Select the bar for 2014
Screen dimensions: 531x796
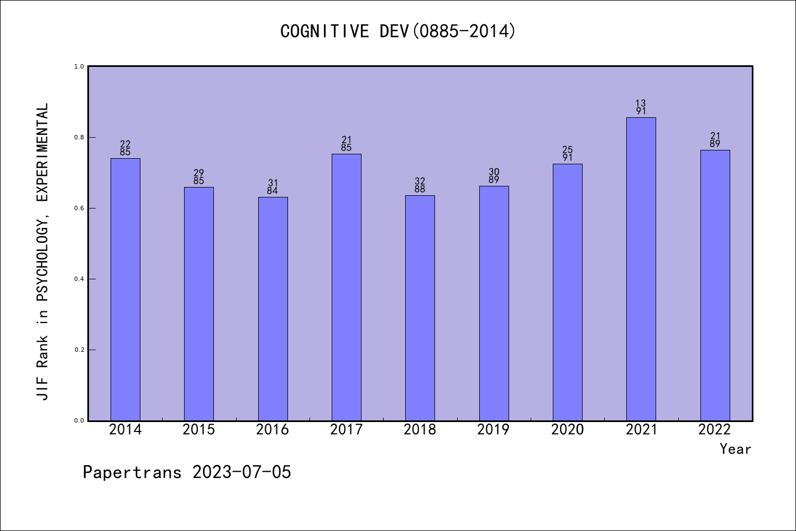pos(125,289)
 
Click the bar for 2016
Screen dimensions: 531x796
pos(273,309)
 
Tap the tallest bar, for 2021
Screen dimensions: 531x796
pos(641,269)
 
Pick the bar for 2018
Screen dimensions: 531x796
pos(420,308)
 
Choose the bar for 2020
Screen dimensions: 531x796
pos(567,292)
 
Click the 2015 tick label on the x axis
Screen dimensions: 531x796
pos(199,430)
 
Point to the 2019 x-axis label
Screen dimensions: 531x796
pos(494,430)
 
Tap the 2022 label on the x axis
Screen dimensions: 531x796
pos(715,430)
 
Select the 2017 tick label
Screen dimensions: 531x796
pos(346,430)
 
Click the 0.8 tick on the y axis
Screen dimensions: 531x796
pos(79,137)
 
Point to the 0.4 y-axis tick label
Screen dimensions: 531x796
pos(79,279)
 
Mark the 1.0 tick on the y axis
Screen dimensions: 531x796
pos(79,66)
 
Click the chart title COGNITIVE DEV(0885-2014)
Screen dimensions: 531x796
pos(398,32)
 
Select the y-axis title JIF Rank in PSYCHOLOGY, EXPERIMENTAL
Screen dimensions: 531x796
pos(43,252)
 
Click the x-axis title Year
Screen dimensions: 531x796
pos(735,449)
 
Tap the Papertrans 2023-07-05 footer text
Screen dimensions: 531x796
pos(187,472)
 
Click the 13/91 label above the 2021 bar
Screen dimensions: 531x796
pos(641,107)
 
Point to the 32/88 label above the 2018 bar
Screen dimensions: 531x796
pos(420,185)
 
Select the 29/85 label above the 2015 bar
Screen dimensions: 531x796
pos(199,177)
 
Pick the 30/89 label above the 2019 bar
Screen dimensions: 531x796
pos(494,176)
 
